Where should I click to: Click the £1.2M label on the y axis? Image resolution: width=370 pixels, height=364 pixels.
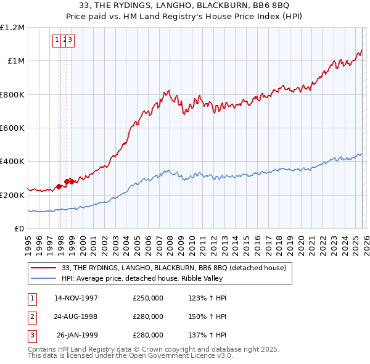(x=12, y=28)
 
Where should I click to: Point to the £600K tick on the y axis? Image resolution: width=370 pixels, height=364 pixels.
(x=12, y=128)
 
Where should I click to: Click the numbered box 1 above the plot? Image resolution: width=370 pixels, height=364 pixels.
(x=57, y=40)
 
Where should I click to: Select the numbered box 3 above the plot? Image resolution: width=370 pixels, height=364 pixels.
(x=70, y=40)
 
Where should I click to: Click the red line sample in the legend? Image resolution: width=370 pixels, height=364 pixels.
(x=43, y=268)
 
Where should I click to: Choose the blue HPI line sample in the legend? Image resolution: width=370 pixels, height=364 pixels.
(x=43, y=278)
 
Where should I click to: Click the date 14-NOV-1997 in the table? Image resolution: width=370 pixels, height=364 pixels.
(x=76, y=298)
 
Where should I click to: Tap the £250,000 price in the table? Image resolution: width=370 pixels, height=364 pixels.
(x=148, y=298)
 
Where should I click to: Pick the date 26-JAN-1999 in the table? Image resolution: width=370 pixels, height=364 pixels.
(x=77, y=335)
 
